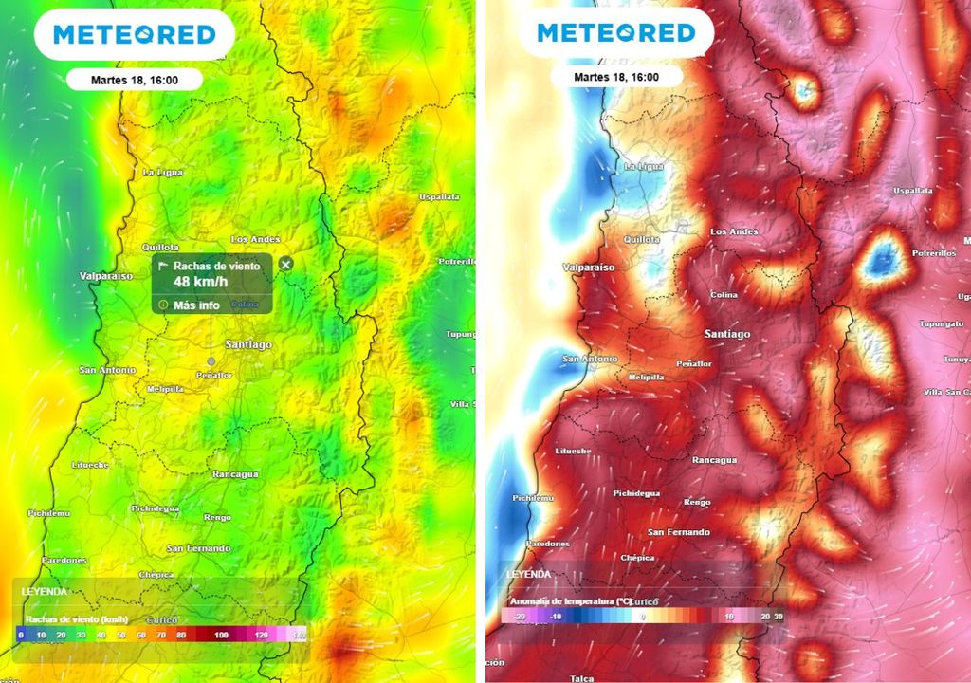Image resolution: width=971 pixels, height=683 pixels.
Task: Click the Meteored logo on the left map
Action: (134, 35)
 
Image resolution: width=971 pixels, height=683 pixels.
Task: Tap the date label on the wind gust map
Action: (134, 80)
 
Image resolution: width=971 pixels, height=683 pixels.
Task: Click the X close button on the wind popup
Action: (286, 264)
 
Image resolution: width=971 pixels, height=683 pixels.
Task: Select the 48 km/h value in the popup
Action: (200, 282)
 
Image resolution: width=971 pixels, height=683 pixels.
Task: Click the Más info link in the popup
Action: (196, 305)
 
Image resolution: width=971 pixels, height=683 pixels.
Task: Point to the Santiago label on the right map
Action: (727, 334)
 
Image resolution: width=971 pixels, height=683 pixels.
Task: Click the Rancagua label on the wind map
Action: (235, 473)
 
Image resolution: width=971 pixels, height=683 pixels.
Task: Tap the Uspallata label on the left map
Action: (439, 196)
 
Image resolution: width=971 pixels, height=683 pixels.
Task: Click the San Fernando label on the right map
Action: (678, 532)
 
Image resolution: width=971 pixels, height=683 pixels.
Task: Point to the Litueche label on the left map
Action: (90, 465)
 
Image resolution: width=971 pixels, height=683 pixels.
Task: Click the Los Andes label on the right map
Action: (734, 231)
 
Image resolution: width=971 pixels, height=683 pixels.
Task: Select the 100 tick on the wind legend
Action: (221, 634)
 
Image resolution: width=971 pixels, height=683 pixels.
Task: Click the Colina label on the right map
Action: (724, 295)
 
